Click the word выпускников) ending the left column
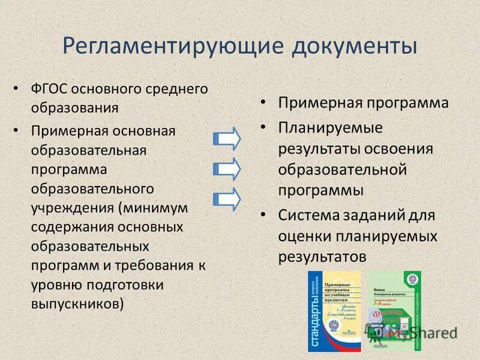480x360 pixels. coord(77,304)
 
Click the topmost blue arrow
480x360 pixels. coord(227,139)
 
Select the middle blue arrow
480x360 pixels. coord(227,168)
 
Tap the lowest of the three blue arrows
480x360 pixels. coord(227,198)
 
